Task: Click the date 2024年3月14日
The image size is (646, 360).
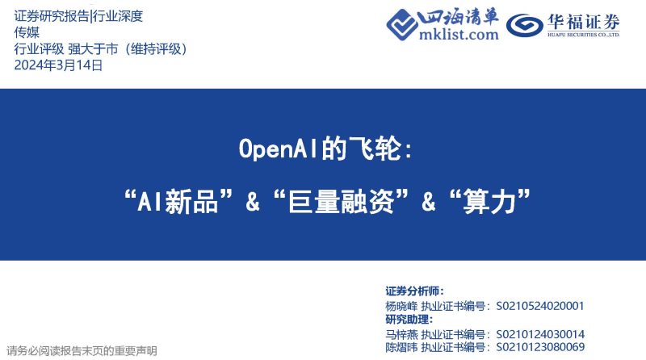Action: (x=59, y=65)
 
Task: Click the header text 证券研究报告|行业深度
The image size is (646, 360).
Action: (x=84, y=16)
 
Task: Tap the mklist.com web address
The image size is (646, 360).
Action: (x=459, y=35)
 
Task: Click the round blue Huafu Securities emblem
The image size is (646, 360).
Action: (x=526, y=26)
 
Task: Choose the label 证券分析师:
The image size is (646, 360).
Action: (x=414, y=291)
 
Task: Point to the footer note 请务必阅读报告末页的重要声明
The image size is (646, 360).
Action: (x=82, y=351)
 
